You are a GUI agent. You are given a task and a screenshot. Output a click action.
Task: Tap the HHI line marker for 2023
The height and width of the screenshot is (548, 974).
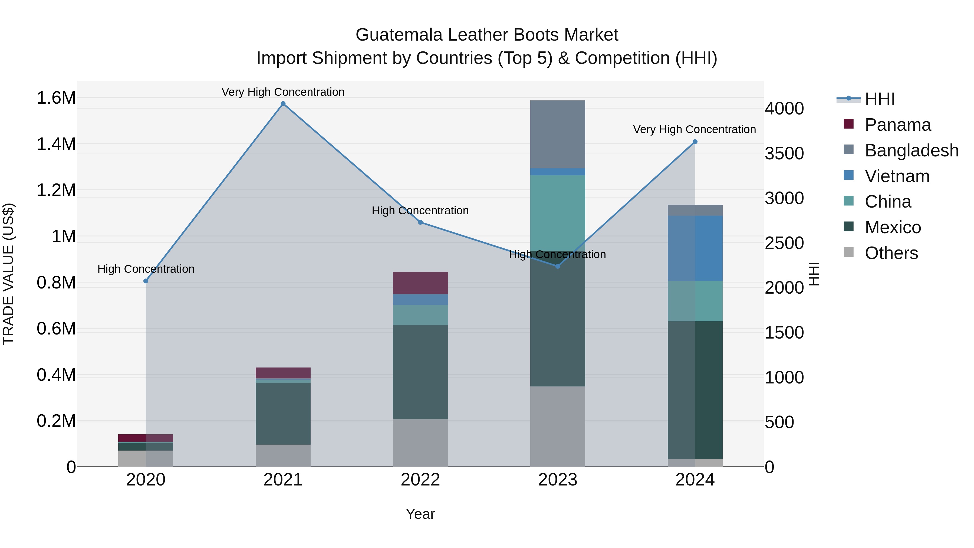tap(557, 266)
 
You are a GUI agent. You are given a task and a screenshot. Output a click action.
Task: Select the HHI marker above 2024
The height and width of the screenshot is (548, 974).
tap(695, 142)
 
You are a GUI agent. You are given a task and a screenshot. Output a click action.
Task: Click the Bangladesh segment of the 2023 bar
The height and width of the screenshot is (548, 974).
tap(557, 134)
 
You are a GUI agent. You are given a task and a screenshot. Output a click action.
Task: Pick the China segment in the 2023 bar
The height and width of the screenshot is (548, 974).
tap(557, 212)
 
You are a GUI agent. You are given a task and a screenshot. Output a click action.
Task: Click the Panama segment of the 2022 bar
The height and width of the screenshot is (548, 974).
tap(420, 283)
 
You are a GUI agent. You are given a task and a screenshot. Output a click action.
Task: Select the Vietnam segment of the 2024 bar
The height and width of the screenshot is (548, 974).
tap(695, 248)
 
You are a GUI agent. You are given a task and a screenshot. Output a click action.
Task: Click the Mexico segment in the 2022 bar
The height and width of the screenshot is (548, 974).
tap(420, 372)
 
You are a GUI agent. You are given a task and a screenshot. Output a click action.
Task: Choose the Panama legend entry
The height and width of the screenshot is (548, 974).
tap(898, 125)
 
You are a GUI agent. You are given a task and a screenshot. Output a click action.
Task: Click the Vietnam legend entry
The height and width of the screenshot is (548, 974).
tap(897, 176)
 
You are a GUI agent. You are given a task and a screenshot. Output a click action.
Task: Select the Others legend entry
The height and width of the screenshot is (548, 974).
tap(891, 253)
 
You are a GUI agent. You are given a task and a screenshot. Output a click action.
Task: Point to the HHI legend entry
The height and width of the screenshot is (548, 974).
tap(880, 99)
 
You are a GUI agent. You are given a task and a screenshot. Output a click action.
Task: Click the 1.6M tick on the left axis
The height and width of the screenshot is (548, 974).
tap(56, 98)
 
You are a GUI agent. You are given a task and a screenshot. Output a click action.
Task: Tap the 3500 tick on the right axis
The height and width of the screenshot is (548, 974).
tap(784, 153)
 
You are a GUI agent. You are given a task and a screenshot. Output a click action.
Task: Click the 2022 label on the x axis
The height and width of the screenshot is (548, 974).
tap(420, 480)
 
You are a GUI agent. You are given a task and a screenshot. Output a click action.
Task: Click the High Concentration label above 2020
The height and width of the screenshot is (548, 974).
tap(146, 269)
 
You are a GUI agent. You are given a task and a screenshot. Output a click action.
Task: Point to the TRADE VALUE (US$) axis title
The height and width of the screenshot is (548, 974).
tap(8, 274)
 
